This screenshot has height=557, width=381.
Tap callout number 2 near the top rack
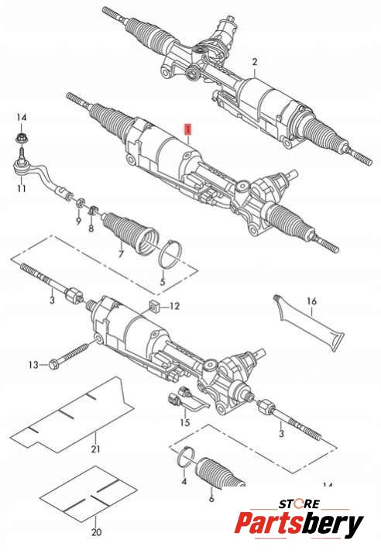tap(255, 62)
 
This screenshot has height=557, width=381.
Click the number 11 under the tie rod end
tap(22, 188)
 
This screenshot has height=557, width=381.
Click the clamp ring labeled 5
tap(171, 254)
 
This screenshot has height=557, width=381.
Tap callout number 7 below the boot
tap(121, 253)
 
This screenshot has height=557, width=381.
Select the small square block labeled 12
tap(154, 306)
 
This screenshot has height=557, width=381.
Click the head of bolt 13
tap(54, 365)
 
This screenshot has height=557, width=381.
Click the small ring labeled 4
tap(186, 458)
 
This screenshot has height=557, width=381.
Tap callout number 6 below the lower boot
tap(211, 498)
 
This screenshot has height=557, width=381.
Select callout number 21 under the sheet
tap(95, 449)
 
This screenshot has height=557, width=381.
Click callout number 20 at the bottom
tap(96, 532)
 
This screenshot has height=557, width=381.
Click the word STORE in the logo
tap(300, 504)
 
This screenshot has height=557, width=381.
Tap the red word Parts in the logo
tap(270, 523)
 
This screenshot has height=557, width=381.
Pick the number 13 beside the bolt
tap(33, 365)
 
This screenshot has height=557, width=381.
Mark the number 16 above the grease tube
tap(311, 301)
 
